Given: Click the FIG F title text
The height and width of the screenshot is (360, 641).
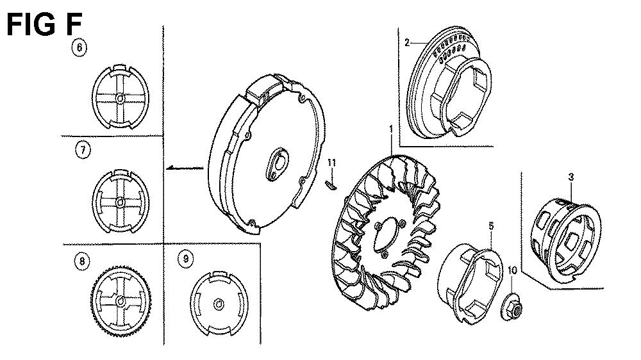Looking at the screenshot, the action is pyautogui.click(x=44, y=24).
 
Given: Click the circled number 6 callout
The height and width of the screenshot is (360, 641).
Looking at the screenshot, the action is pyautogui.click(x=79, y=47).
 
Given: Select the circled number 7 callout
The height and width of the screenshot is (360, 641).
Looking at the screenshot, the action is pyautogui.click(x=83, y=150).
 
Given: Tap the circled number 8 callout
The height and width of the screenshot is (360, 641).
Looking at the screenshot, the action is pyautogui.click(x=82, y=261).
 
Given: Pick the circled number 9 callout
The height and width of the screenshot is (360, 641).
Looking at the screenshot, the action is pyautogui.click(x=186, y=259).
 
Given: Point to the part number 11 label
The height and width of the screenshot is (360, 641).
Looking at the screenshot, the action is pyautogui.click(x=331, y=163).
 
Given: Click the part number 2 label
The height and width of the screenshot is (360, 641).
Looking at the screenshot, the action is pyautogui.click(x=407, y=42).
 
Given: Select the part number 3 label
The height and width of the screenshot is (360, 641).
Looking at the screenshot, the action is pyautogui.click(x=571, y=177).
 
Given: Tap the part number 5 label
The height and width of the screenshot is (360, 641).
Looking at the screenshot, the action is pyautogui.click(x=491, y=226).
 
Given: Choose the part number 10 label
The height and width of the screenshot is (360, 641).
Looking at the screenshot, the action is pyautogui.click(x=512, y=270).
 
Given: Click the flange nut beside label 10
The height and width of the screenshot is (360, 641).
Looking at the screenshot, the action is pyautogui.click(x=512, y=307).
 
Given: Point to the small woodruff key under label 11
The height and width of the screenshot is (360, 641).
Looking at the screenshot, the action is pyautogui.click(x=331, y=185).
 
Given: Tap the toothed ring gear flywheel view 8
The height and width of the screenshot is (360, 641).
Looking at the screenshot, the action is pyautogui.click(x=121, y=301).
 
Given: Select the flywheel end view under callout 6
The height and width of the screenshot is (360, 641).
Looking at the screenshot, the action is pyautogui.click(x=121, y=97).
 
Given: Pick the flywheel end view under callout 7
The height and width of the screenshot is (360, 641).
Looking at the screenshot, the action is pyautogui.click(x=121, y=201).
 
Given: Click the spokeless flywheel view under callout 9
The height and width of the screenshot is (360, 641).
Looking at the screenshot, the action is pyautogui.click(x=219, y=303).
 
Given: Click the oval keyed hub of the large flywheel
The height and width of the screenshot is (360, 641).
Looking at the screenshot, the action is pyautogui.click(x=278, y=164).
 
